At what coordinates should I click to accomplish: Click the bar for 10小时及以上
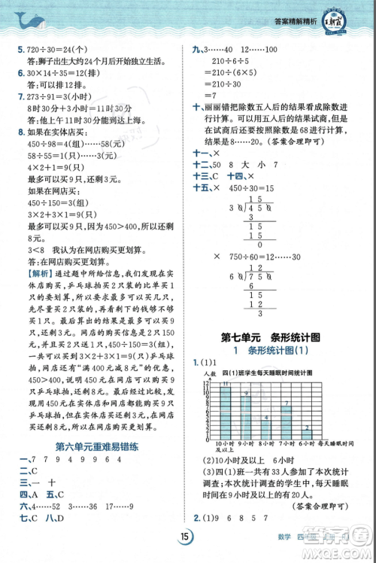point(225,410)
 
